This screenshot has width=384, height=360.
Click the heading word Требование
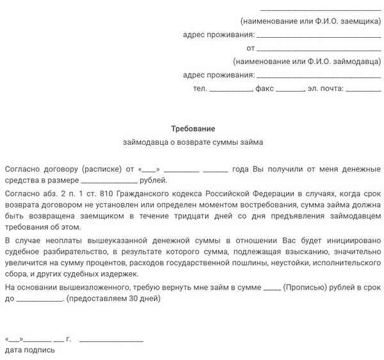(193, 129)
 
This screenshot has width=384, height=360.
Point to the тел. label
(200, 88)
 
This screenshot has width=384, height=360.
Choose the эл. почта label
(326, 88)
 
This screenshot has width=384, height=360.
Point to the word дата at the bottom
(13, 350)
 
